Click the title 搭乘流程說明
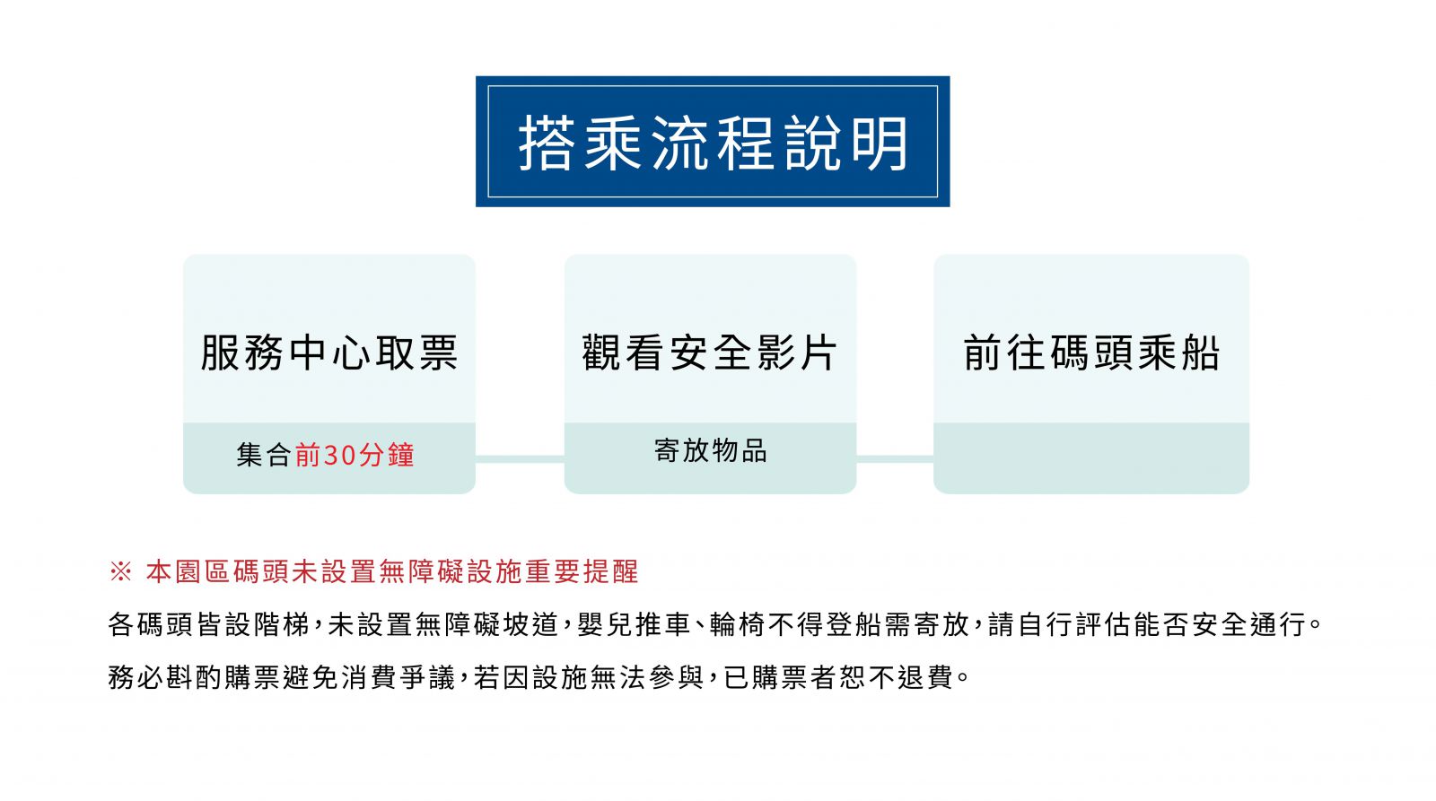click(x=713, y=143)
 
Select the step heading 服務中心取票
click(x=328, y=353)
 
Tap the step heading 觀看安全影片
click(x=710, y=353)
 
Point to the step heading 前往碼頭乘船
click(x=1091, y=353)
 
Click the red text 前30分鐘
click(x=355, y=455)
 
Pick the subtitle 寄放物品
click(x=710, y=450)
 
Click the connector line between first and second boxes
click(x=520, y=459)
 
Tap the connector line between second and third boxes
click(x=895, y=459)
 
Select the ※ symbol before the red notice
click(x=120, y=571)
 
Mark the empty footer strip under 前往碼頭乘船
click(x=1091, y=458)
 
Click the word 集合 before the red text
click(x=264, y=455)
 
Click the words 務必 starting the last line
click(x=136, y=677)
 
